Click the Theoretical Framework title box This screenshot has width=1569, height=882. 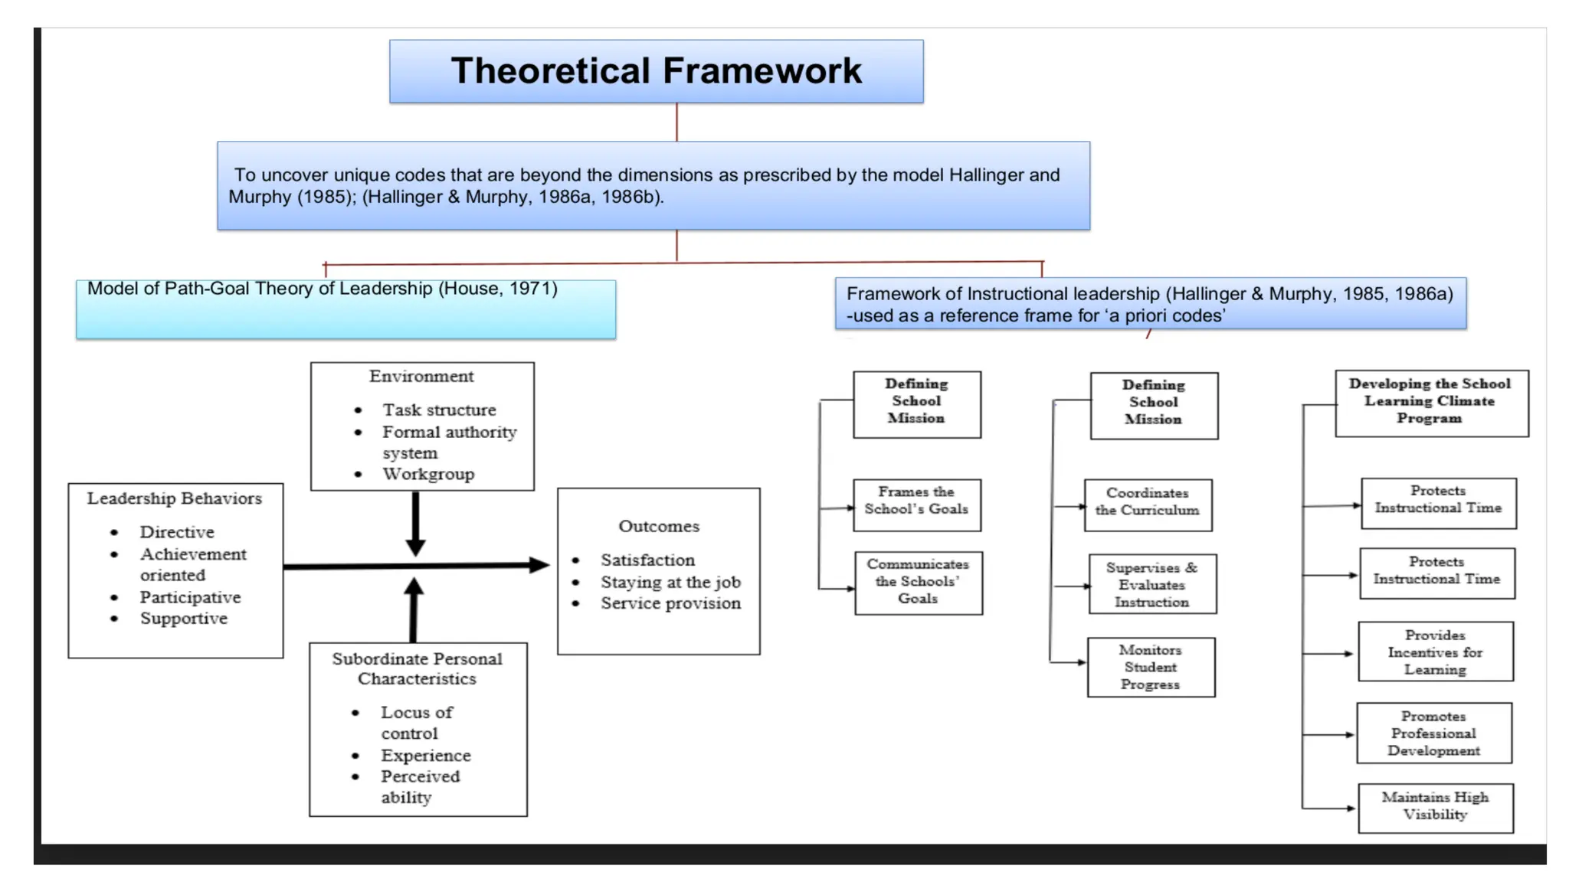(x=656, y=71)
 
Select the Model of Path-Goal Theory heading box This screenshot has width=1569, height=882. (x=346, y=309)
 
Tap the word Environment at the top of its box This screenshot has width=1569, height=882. (x=421, y=376)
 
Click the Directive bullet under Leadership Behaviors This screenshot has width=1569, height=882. (x=177, y=532)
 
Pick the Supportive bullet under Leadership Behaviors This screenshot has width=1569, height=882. (x=184, y=619)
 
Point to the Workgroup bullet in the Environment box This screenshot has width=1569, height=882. (x=428, y=474)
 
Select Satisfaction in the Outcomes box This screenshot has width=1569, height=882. (x=647, y=560)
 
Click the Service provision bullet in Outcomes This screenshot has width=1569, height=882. (x=670, y=603)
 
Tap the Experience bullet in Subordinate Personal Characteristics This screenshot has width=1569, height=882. (x=426, y=756)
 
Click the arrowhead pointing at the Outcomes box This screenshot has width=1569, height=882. (x=539, y=565)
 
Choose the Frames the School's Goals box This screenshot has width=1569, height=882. (x=916, y=505)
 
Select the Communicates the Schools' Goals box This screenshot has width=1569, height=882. (x=918, y=583)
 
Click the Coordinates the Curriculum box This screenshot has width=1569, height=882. (x=1148, y=505)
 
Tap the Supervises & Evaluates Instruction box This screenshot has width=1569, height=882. (x=1151, y=584)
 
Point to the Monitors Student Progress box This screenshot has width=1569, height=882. (x=1151, y=667)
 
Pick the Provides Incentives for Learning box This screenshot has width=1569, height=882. (x=1435, y=652)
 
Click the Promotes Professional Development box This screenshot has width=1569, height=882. (x=1433, y=733)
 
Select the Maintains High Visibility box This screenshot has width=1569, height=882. (x=1435, y=807)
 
